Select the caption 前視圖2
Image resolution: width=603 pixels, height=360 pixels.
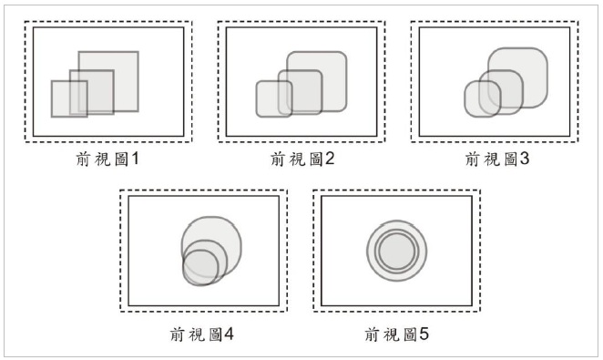(x=304, y=159)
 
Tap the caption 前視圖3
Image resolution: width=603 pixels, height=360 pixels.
(x=497, y=159)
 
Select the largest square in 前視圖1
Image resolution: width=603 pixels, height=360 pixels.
(x=123, y=64)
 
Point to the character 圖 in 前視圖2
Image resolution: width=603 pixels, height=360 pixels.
(x=314, y=159)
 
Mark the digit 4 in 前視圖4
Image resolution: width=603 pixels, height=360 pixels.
(x=230, y=334)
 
